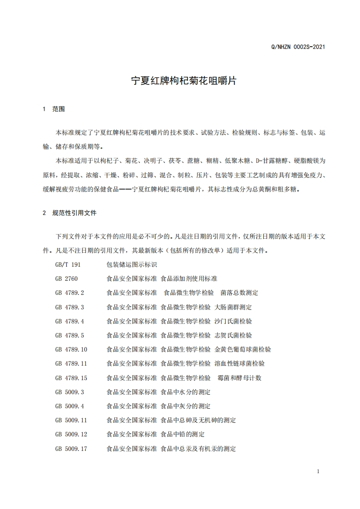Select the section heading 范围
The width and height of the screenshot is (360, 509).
(x=59, y=109)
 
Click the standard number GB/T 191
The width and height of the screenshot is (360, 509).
(x=68, y=264)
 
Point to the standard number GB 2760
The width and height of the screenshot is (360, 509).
(x=66, y=279)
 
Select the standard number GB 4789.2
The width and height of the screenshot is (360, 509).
(x=69, y=293)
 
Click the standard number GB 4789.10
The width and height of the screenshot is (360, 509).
(x=71, y=349)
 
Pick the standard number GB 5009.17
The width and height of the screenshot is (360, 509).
(x=71, y=449)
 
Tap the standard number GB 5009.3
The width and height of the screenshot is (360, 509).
(x=69, y=392)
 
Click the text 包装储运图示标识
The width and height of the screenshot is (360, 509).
(x=132, y=264)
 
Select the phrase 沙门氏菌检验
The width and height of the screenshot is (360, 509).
(x=233, y=321)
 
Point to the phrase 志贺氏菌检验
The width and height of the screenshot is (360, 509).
(x=233, y=335)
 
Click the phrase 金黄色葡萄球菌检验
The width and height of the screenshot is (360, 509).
(x=243, y=349)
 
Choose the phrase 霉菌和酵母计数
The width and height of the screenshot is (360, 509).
(x=240, y=378)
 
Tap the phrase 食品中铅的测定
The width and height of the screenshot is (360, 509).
(x=183, y=435)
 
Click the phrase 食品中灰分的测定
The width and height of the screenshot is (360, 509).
(x=186, y=406)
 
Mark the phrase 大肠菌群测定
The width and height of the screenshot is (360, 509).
(x=233, y=307)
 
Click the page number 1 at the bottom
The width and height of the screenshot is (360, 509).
(x=318, y=471)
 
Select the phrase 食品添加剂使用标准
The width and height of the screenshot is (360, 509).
(x=189, y=279)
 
